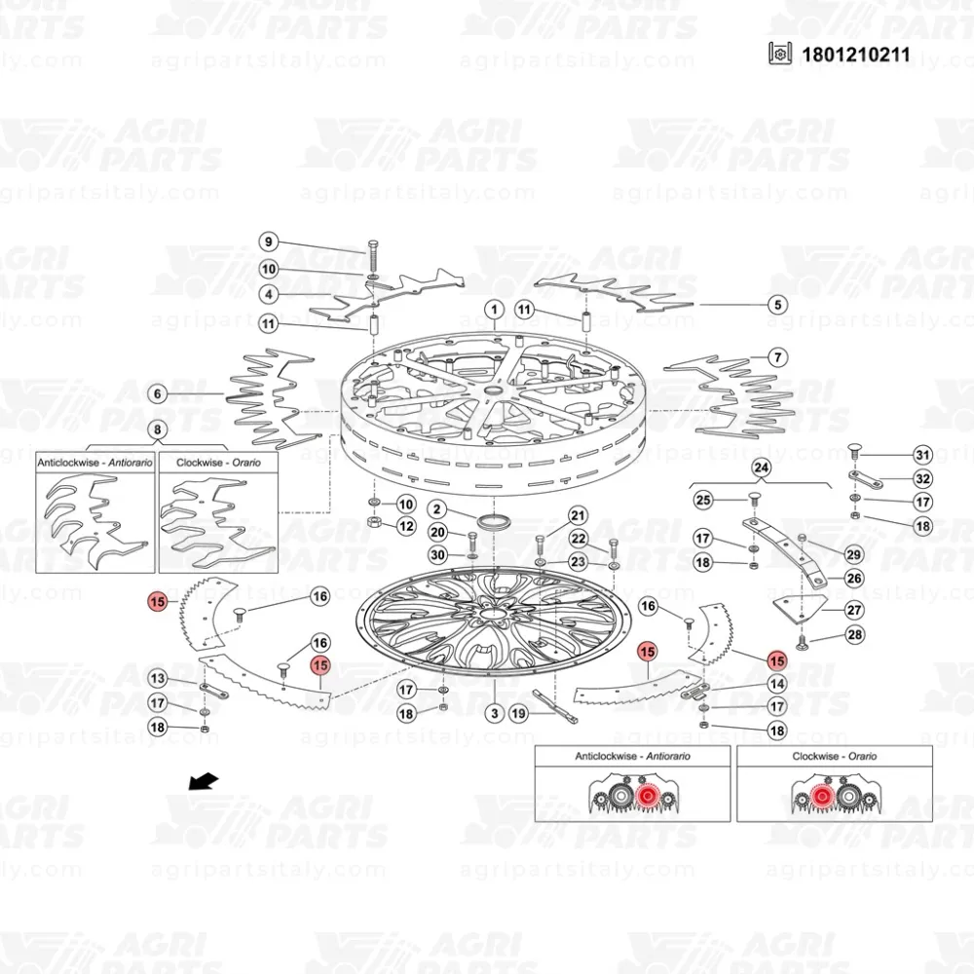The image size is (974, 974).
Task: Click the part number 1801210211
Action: point(855,54)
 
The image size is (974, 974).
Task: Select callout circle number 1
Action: point(494,311)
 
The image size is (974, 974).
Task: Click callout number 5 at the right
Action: point(776,305)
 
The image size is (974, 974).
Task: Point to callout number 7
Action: point(776,357)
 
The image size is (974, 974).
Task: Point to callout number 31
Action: point(921,455)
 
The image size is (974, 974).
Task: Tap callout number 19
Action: point(518,714)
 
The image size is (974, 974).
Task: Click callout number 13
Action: point(157,679)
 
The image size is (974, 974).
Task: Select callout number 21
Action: point(579,515)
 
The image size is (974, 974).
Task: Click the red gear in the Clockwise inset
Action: point(820,799)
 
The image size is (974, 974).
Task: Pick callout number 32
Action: point(921,479)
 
